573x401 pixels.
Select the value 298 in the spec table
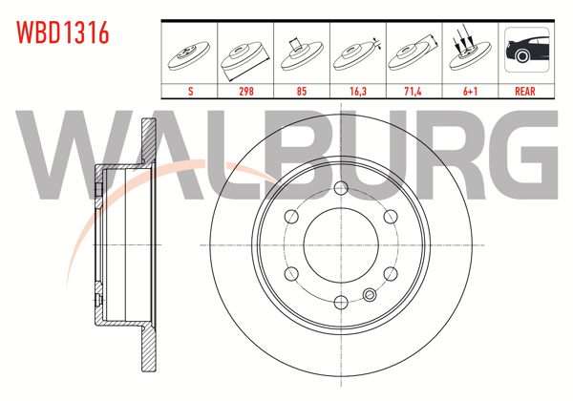click(x=247, y=91)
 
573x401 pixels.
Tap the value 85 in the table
click(x=303, y=91)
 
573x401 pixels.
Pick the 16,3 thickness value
click(x=358, y=91)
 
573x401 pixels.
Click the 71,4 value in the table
click(x=414, y=91)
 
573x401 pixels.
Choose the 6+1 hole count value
click(x=468, y=91)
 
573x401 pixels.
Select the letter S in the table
click(x=192, y=91)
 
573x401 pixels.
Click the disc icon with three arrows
click(x=468, y=53)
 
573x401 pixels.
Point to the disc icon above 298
click(x=247, y=54)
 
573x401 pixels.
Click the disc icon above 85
click(x=303, y=53)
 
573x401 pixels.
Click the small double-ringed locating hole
click(x=371, y=293)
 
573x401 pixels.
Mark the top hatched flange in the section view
click(x=149, y=144)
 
